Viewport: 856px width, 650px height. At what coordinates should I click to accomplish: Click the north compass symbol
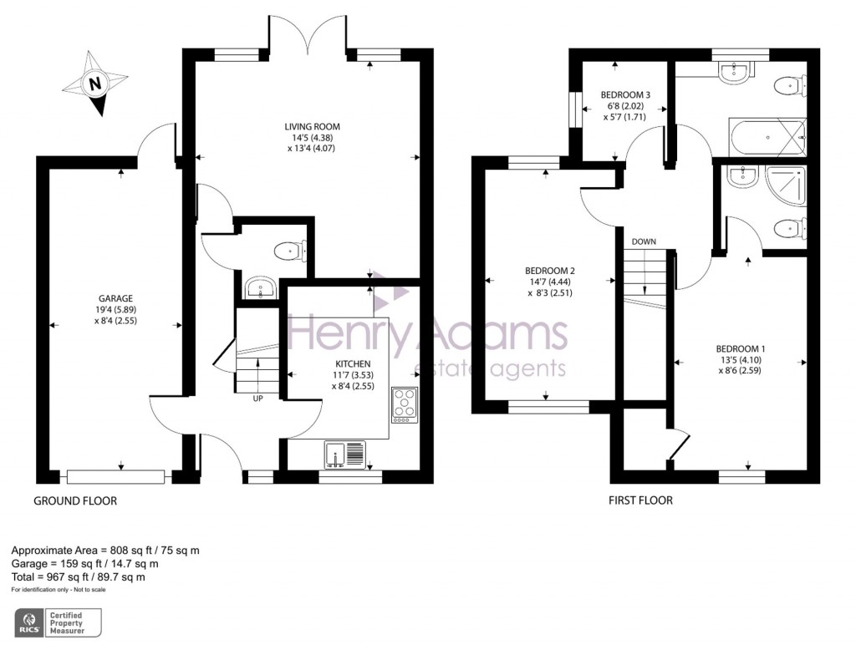95,84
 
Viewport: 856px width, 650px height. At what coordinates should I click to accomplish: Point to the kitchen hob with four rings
405,406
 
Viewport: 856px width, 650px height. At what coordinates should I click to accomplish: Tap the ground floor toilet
292,249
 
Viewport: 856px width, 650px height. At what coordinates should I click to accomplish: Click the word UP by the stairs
258,399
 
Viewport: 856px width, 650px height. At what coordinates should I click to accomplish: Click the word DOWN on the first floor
644,241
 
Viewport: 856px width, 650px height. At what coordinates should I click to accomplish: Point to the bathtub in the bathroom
767,134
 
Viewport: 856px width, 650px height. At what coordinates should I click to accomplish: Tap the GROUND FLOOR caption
75,501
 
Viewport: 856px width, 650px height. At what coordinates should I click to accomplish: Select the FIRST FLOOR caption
640,500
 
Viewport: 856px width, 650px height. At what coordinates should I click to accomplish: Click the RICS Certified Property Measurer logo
59,622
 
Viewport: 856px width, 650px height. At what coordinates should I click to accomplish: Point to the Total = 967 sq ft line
79,576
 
